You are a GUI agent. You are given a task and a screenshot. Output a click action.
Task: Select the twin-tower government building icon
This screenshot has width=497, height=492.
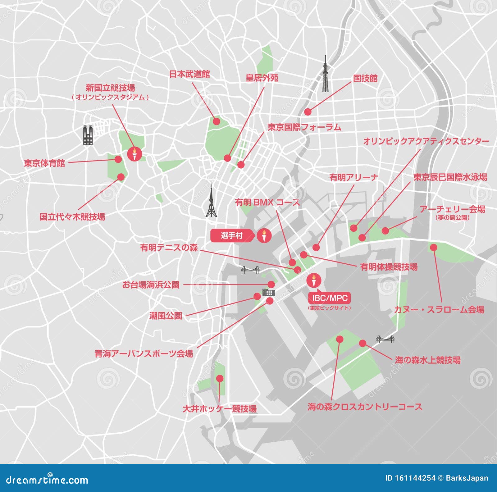(88, 135)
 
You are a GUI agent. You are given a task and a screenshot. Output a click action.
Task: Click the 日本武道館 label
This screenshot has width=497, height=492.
(189, 74)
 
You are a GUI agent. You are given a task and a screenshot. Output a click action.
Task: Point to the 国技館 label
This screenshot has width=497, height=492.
(365, 78)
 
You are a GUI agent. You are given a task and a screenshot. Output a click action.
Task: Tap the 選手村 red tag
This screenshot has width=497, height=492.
(231, 236)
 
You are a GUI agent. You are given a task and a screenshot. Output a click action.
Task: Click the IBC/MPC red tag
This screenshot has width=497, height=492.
(330, 298)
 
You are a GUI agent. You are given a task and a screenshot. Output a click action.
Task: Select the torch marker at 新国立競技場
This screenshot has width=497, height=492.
(135, 153)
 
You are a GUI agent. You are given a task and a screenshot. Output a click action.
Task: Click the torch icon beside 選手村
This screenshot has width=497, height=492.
(264, 236)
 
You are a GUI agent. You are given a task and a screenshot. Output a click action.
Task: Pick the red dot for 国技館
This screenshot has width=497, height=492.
(308, 112)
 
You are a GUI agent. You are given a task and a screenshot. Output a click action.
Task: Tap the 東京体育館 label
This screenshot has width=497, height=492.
(44, 163)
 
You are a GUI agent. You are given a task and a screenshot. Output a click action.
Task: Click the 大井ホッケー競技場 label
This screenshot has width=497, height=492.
(220, 408)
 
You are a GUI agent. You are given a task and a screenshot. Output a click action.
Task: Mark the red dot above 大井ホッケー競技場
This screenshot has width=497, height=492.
(220, 378)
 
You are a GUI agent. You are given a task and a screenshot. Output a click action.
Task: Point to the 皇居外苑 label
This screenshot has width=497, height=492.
(262, 78)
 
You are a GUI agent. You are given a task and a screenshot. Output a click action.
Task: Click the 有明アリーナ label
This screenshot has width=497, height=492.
(353, 177)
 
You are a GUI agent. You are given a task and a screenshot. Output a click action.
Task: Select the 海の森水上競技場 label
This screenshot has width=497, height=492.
(427, 360)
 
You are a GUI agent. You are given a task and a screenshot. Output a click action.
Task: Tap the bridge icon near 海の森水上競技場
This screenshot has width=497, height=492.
(385, 339)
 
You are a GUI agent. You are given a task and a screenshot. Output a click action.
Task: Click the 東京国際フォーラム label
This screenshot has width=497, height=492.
(304, 127)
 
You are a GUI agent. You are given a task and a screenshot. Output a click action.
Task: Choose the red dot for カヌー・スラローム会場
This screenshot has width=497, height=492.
(433, 248)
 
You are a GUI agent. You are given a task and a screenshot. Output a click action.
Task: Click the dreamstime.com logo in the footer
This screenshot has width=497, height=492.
(47, 480)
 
